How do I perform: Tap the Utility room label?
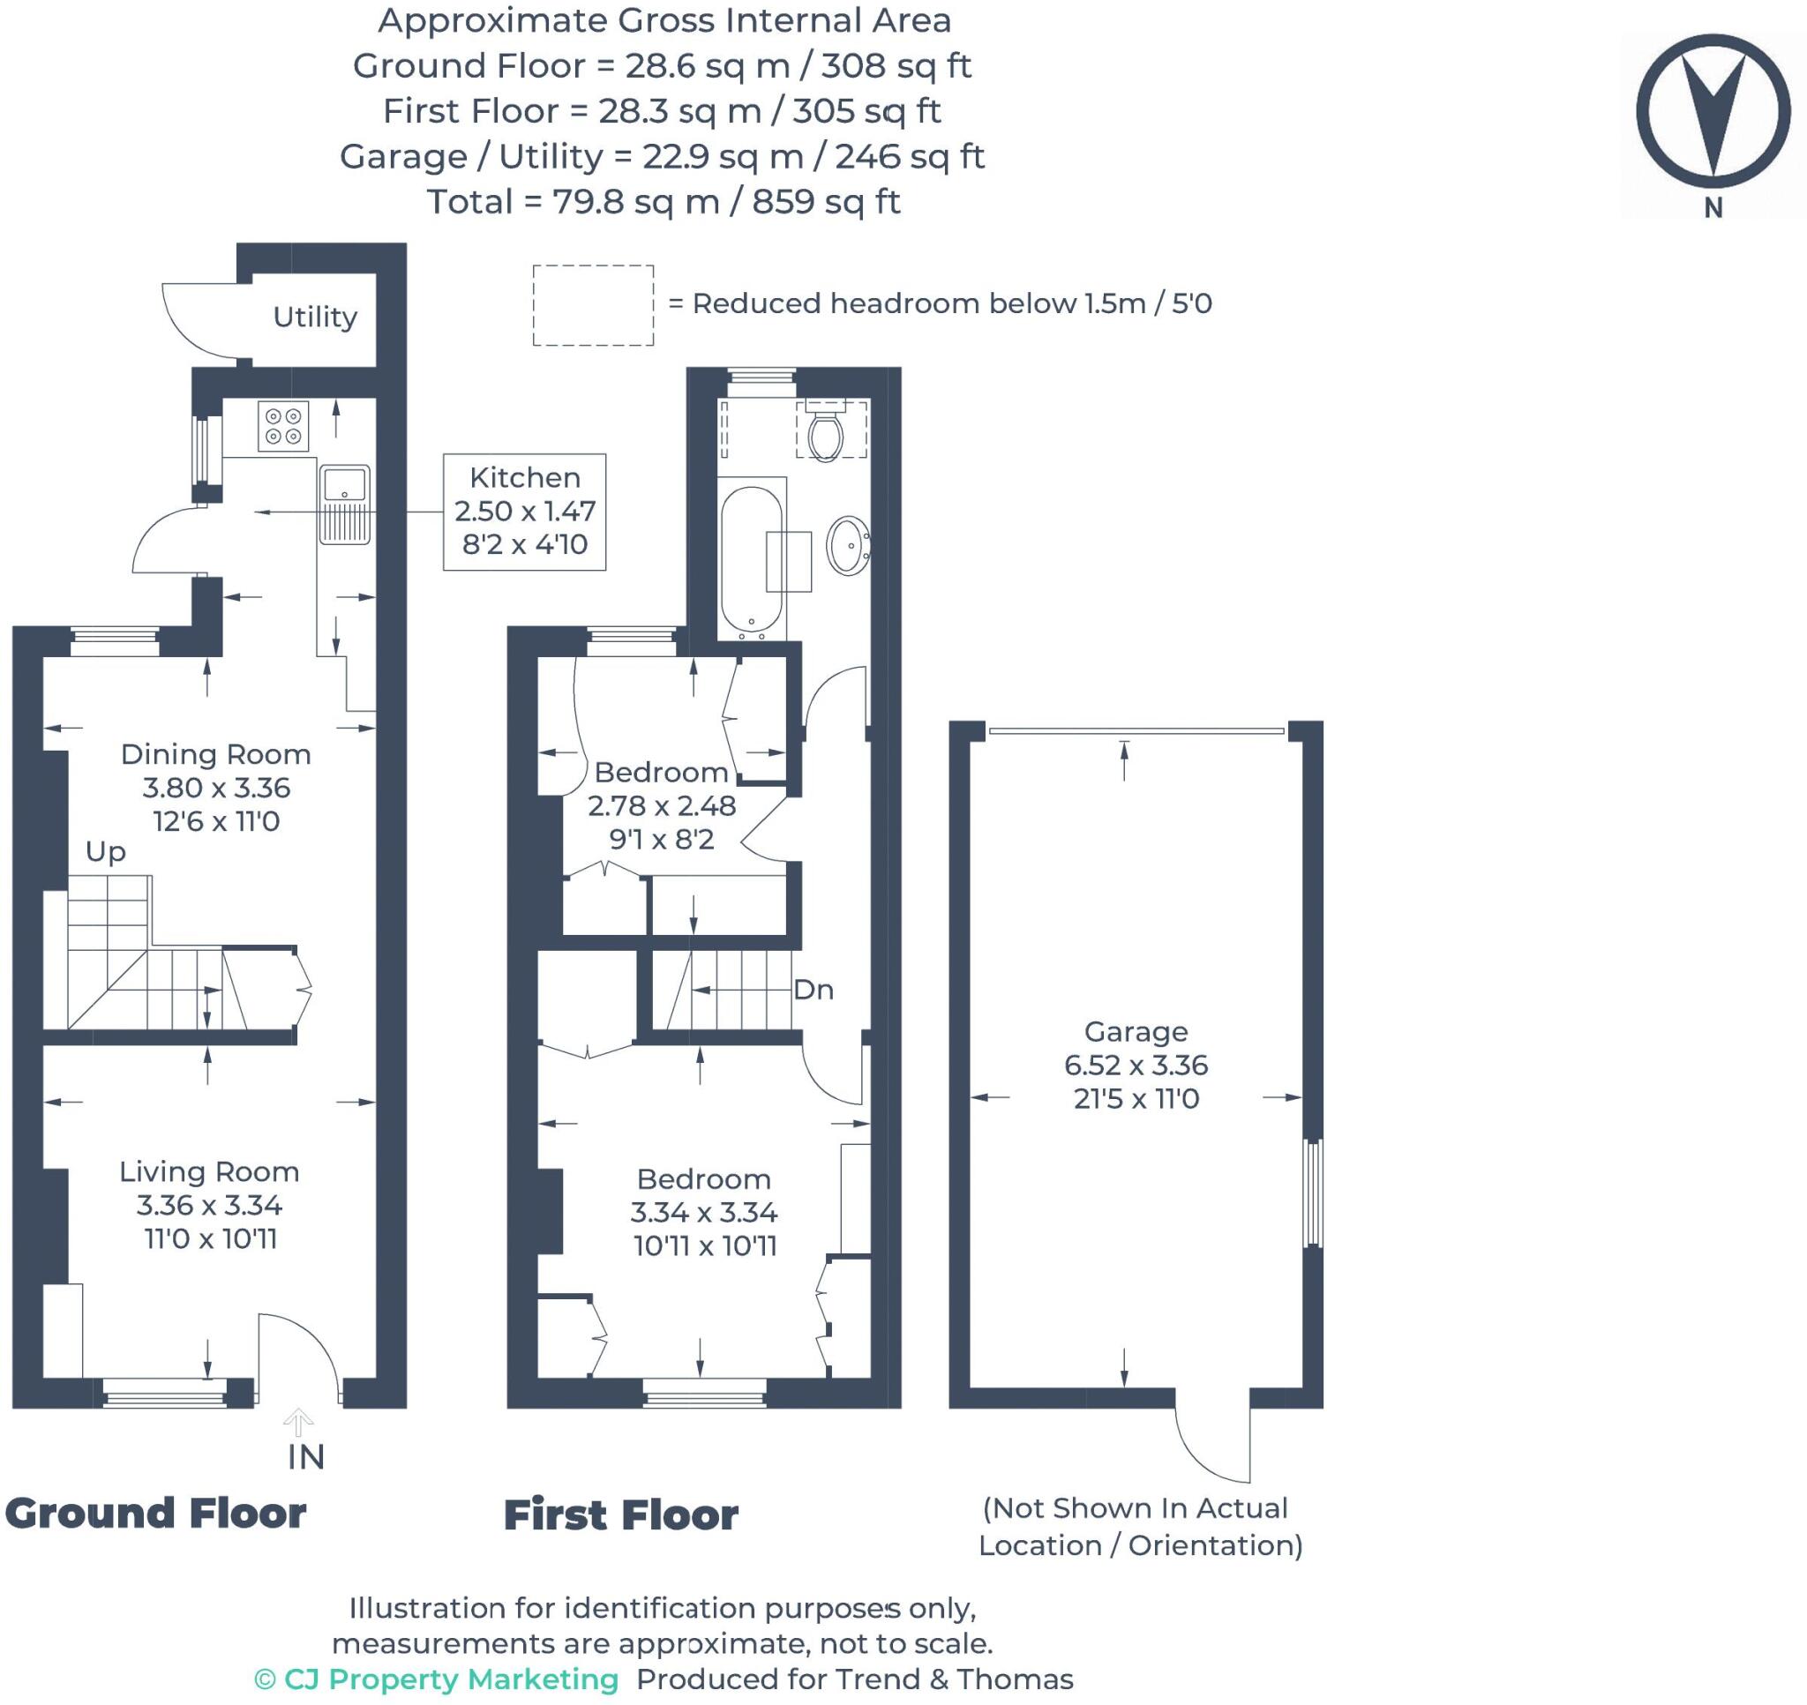[314, 318]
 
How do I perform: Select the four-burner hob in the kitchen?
[283, 426]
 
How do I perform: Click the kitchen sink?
[345, 505]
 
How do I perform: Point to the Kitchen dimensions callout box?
[524, 512]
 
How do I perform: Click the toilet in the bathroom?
[825, 430]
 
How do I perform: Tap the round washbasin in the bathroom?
[848, 545]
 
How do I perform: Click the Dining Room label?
[216, 754]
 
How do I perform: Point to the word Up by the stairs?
[106, 851]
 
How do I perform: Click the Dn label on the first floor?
[814, 990]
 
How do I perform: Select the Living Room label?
[209, 1171]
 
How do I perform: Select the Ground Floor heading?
[155, 1514]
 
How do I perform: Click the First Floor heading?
[621, 1515]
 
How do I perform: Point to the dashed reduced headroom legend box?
[593, 305]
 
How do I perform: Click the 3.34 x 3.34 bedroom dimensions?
[704, 1213]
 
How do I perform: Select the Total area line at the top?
[664, 202]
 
